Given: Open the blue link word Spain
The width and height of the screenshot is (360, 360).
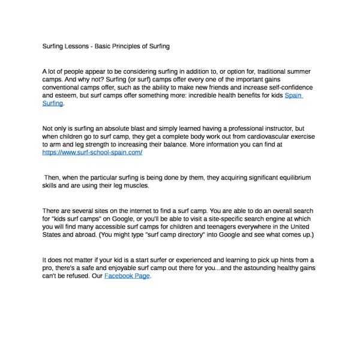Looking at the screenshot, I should click(293, 95).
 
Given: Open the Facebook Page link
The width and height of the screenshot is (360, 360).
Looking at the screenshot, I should click(127, 276).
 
